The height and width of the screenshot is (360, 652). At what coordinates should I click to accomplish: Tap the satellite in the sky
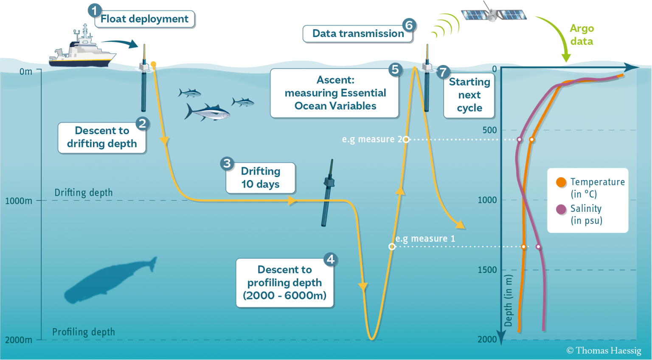493,14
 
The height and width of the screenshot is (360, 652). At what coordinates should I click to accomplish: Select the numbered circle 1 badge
94,10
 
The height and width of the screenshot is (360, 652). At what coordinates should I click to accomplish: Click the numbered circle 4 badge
331,259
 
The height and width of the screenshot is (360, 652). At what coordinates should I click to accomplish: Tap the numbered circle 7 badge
443,72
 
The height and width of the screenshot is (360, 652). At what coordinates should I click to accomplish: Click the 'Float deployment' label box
144,19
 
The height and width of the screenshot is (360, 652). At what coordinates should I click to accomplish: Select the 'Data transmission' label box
357,34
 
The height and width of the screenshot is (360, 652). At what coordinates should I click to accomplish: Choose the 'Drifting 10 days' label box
261,178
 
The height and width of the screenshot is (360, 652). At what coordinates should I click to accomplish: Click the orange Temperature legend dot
561,182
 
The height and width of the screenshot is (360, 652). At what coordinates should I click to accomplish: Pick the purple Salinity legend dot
561,209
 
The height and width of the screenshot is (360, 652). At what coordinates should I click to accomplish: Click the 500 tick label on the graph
489,130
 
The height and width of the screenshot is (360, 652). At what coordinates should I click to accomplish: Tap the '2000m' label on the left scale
19,340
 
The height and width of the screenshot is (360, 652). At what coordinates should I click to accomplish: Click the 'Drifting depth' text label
84,193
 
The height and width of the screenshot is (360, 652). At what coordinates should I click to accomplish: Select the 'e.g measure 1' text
425,239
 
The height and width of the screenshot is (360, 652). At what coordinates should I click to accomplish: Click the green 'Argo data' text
582,35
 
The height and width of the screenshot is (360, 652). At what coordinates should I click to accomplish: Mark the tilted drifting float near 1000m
327,193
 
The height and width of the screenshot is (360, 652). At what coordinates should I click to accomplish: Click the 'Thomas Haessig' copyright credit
604,351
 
